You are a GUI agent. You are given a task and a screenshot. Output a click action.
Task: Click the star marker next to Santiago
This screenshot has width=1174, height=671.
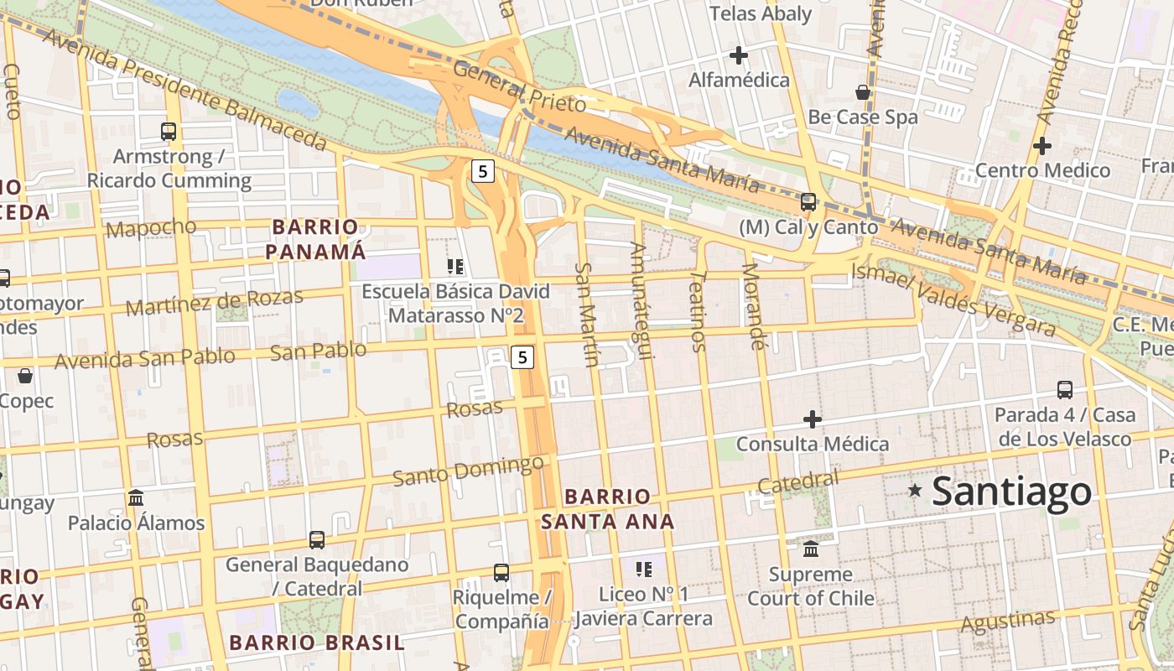915,489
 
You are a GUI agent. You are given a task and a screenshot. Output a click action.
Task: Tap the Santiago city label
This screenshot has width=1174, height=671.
1012,492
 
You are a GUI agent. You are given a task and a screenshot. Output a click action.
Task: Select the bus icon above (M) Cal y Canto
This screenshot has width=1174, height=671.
808,202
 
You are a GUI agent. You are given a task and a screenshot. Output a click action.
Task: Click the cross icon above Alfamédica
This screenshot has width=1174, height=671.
739,55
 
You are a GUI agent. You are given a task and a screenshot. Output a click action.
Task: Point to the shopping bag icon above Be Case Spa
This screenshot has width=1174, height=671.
863,92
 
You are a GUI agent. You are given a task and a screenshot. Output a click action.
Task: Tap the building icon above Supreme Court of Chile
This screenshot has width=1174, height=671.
811,549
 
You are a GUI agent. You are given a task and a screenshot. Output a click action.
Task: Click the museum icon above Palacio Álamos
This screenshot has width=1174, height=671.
136,498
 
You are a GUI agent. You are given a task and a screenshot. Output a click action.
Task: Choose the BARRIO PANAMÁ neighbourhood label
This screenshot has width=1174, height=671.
316,239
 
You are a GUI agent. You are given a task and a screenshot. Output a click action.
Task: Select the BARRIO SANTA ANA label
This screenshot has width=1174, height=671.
607,509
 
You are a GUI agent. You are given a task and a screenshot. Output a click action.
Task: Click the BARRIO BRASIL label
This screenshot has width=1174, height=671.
316,643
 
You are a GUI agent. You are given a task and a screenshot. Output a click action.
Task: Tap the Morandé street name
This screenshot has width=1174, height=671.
755,306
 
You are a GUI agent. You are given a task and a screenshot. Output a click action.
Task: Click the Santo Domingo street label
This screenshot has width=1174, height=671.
468,470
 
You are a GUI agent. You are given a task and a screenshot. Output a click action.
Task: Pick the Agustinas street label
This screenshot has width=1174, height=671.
1007,622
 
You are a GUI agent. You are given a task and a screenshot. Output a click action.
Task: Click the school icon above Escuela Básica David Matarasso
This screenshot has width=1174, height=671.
455,268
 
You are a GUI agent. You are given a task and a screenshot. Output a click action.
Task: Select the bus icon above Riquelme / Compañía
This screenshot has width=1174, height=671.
501,573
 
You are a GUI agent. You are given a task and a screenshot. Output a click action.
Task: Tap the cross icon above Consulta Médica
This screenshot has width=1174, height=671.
812,419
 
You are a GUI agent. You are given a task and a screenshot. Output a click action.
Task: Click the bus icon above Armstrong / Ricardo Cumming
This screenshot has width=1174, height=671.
169,132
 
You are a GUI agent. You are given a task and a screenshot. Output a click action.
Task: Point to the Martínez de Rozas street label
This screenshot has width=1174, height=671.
214,302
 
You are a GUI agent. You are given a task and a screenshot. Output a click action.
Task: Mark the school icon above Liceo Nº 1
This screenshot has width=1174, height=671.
644,570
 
